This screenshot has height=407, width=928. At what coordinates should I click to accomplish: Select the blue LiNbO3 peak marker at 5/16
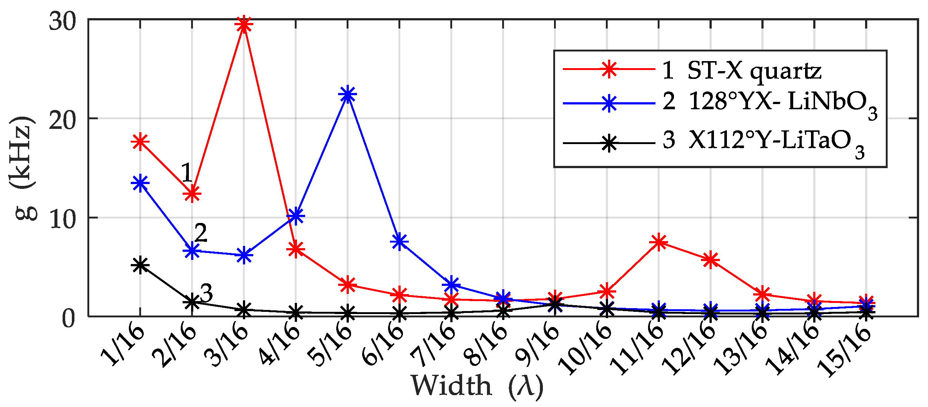pyautogui.click(x=347, y=94)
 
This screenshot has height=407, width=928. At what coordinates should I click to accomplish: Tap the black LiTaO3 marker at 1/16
pyautogui.click(x=140, y=265)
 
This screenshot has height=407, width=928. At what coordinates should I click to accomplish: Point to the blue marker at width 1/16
pyautogui.click(x=140, y=183)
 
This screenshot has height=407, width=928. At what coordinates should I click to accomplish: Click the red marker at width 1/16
pyautogui.click(x=140, y=141)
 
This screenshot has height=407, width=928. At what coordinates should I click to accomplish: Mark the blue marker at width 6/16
pyautogui.click(x=400, y=241)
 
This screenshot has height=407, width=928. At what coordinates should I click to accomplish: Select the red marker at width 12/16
pyautogui.click(x=711, y=260)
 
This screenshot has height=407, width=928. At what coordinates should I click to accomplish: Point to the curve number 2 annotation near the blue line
pyautogui.click(x=200, y=233)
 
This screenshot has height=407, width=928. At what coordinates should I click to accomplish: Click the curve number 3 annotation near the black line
pyautogui.click(x=206, y=293)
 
